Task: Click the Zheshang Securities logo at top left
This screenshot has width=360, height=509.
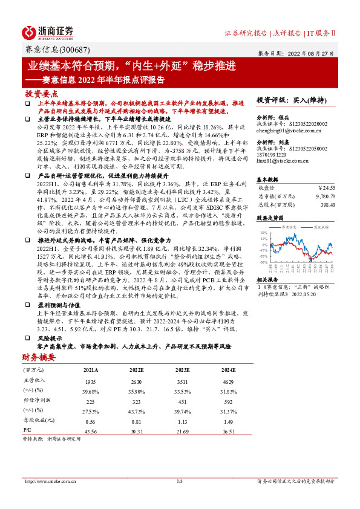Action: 48,32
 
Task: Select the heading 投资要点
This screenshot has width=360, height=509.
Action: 41,94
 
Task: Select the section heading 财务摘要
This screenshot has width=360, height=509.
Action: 39,357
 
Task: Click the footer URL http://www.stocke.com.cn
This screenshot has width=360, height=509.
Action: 48,481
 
